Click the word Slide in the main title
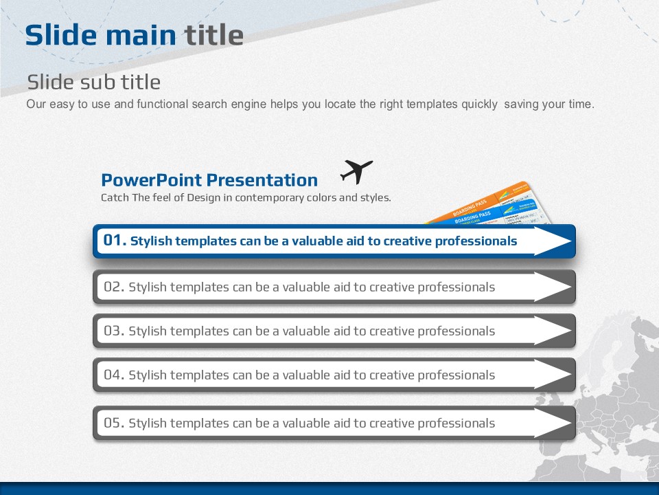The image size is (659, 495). coord(60,34)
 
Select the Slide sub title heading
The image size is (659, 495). coord(94,82)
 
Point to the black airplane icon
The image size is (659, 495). coord(356,171)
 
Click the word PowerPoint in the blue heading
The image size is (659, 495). coord(152,180)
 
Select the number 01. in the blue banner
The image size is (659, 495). coord(115,240)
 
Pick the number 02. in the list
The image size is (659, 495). coord(114,287)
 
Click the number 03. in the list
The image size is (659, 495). coord(114,331)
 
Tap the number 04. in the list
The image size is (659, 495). coord(114,375)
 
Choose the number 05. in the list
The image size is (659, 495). coord(114,423)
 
